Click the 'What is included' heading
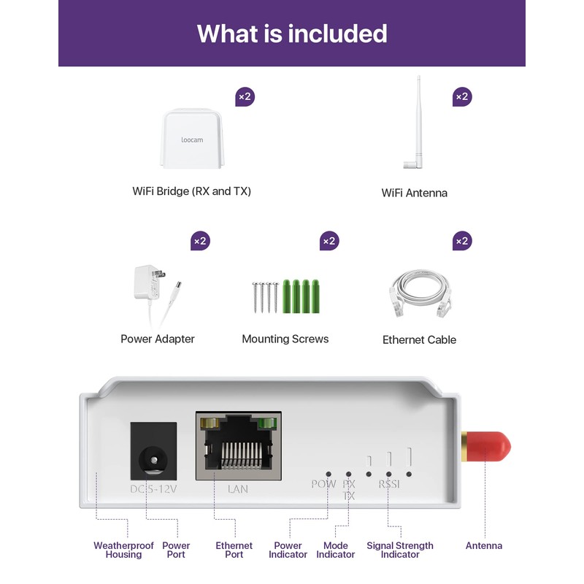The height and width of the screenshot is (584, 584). coord(292,34)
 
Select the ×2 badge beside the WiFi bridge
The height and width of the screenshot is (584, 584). coord(245,96)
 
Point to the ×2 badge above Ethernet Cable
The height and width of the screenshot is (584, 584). coord(462,241)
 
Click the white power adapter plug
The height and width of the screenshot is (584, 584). coord(146,283)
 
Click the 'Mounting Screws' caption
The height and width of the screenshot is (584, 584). coord(285,339)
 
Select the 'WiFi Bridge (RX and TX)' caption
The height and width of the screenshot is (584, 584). coord(191,191)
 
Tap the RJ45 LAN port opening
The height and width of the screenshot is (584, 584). coord(239,449)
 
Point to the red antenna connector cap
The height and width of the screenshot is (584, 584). coord(487,447)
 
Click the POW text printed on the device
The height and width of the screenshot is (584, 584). coord(323,484)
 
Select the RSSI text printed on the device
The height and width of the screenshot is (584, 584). coord(389,484)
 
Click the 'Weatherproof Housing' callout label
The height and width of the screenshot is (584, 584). coord(123,550)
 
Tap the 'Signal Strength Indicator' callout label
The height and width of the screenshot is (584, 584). coord(400,550)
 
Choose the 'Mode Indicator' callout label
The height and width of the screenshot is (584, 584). coord(335,550)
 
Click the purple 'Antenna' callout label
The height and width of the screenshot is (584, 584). coord(484,545)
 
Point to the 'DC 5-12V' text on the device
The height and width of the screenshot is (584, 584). coord(153,488)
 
